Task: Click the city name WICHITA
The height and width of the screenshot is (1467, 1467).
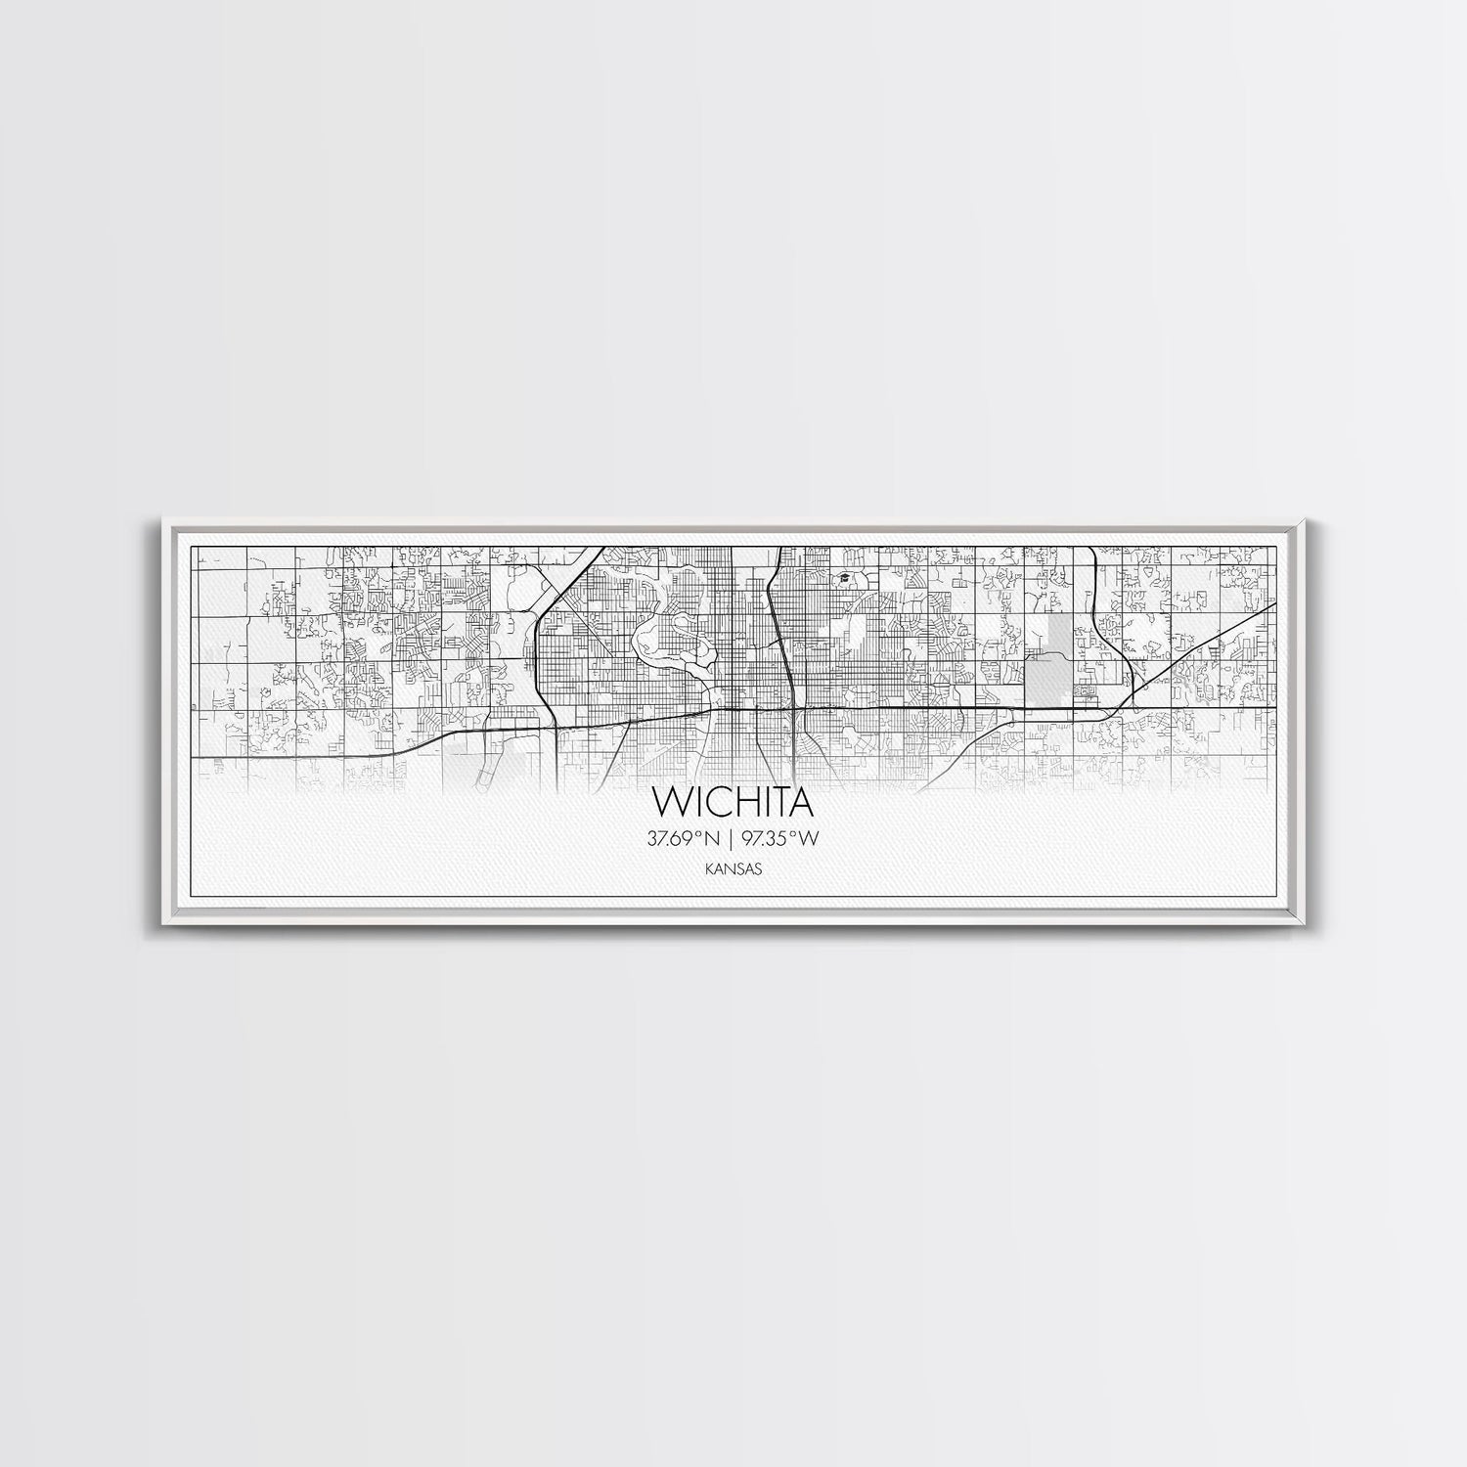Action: (734, 802)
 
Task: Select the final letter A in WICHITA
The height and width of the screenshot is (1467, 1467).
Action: (800, 802)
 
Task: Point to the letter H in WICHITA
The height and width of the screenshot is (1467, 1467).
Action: (736, 802)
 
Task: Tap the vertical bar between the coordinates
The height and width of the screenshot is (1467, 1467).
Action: (733, 838)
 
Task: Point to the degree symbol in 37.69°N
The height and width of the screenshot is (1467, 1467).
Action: (703, 834)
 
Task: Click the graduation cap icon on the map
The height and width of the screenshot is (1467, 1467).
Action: (840, 579)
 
